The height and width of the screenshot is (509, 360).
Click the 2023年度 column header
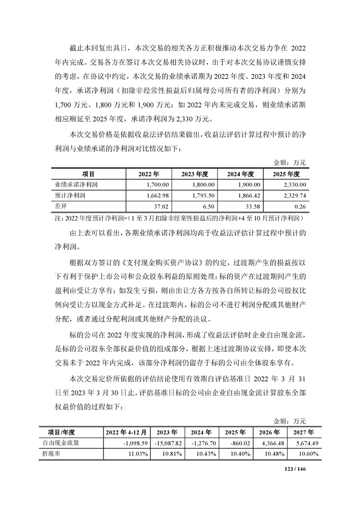[194, 174]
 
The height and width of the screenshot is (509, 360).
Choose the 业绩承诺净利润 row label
[77, 185]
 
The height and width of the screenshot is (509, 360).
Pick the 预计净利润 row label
[70, 196]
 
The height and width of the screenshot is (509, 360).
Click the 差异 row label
[60, 206]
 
